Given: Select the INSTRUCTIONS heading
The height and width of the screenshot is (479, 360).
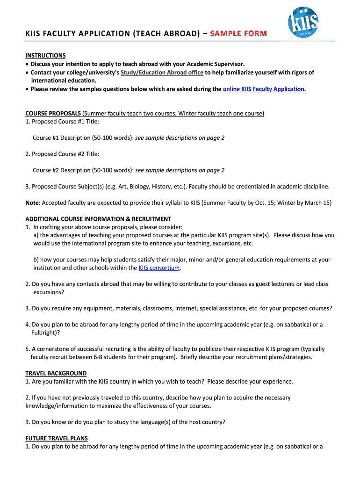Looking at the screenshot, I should (x=45, y=55).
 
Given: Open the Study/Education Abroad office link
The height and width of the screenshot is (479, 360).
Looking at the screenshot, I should (x=162, y=72).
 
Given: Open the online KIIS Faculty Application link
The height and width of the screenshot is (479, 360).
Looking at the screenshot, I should (x=264, y=89).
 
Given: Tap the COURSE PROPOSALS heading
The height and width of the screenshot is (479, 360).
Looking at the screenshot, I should (x=53, y=113).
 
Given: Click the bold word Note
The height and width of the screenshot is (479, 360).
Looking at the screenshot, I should (x=32, y=203).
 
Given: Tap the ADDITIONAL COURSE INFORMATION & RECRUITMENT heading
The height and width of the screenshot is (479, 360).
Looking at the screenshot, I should (x=98, y=219).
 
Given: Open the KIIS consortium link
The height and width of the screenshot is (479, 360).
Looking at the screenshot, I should (x=159, y=268).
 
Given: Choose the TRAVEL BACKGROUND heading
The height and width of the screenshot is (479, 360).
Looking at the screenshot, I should (x=56, y=373).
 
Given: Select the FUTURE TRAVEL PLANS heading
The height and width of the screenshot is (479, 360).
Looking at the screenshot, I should (x=57, y=438).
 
